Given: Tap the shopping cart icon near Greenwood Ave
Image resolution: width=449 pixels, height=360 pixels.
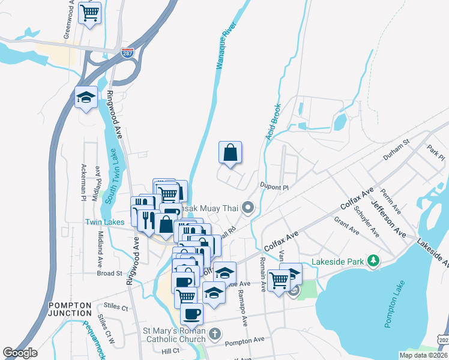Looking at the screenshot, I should click(89, 13).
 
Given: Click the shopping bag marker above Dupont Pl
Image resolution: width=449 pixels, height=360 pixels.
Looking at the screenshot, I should click(230, 153).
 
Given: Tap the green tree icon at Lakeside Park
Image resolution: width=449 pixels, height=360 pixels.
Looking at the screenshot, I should click(374, 260).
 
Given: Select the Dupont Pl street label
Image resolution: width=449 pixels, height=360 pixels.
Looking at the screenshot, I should click(274, 187).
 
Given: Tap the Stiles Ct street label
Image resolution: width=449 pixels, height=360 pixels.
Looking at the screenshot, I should click(116, 308).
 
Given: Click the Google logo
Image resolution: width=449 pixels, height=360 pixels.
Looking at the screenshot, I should click(20, 353).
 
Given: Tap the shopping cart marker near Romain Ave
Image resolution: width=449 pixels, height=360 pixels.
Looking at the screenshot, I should click(279, 280).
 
